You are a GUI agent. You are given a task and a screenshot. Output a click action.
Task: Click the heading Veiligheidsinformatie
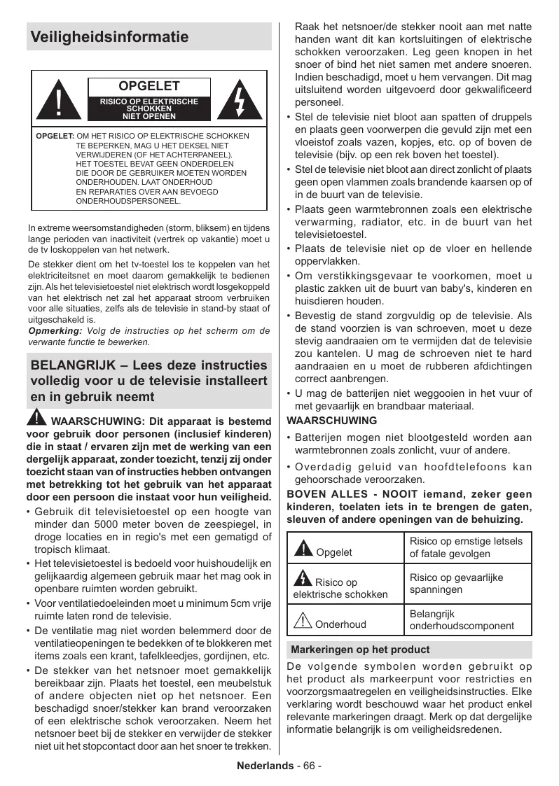click(109, 37)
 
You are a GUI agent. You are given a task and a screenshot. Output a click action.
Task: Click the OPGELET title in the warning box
click(149, 87)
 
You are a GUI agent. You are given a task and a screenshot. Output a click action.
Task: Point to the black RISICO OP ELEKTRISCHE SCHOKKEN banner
click(149, 109)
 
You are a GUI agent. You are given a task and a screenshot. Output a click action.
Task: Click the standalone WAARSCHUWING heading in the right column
click(332, 421)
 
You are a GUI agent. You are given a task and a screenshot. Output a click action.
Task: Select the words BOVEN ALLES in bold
click(330, 494)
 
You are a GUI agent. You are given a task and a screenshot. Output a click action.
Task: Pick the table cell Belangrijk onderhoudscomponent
click(462, 619)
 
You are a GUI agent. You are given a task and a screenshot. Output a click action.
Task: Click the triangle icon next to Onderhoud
click(303, 621)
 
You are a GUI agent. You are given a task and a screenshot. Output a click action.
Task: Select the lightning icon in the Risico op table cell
click(303, 579)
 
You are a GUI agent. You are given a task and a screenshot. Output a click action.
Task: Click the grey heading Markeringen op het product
click(360, 650)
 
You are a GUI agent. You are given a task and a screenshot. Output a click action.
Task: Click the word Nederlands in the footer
click(265, 766)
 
